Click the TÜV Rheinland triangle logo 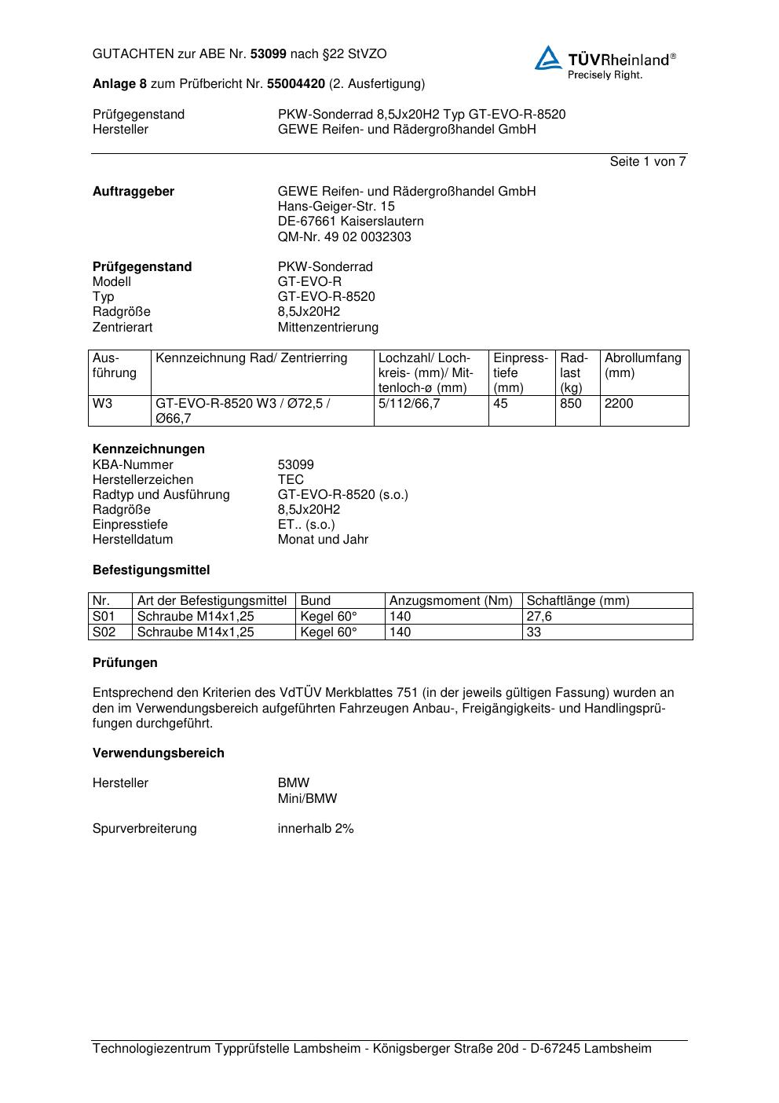pyautogui.click(x=548, y=58)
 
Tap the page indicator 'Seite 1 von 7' pyautogui.click(x=647, y=162)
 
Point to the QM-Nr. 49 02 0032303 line pyautogui.click(x=344, y=236)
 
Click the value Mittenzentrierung pyautogui.click(x=327, y=327)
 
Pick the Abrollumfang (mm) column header pyautogui.click(x=642, y=365)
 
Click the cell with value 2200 pyautogui.click(x=619, y=404)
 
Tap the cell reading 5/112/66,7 pyautogui.click(x=409, y=404)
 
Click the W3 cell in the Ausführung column pyautogui.click(x=103, y=404)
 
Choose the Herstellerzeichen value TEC pyautogui.click(x=291, y=479)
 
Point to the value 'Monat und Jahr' pyautogui.click(x=323, y=540)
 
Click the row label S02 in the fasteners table pyautogui.click(x=104, y=632)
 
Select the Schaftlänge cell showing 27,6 pyautogui.click(x=539, y=617)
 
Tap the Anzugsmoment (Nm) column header pyautogui.click(x=451, y=601)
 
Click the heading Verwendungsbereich pyautogui.click(x=159, y=753)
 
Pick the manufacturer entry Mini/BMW pyautogui.click(x=307, y=798)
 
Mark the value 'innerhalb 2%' pyautogui.click(x=316, y=829)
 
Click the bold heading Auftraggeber pyautogui.click(x=133, y=192)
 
